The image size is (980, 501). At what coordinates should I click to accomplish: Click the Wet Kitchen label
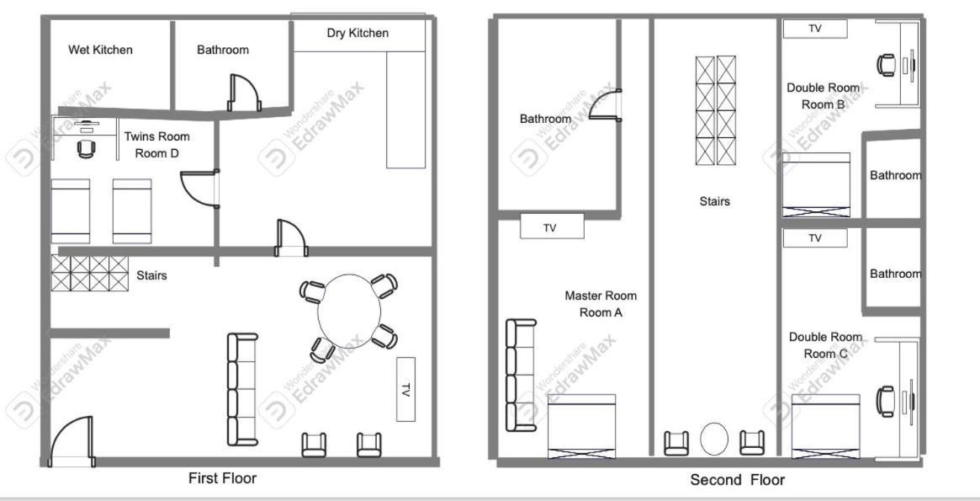(x=100, y=50)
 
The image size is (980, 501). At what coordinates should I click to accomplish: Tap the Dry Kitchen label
(x=358, y=33)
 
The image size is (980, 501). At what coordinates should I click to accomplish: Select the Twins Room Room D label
(x=156, y=145)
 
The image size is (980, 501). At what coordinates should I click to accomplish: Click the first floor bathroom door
(x=244, y=93)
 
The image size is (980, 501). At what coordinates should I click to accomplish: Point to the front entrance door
(x=72, y=441)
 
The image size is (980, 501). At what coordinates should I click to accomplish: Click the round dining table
(x=349, y=311)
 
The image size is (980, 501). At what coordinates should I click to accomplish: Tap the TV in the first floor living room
(x=405, y=389)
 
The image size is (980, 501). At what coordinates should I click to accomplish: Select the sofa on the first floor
(x=242, y=389)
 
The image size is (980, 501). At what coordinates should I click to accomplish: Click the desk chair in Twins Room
(x=87, y=149)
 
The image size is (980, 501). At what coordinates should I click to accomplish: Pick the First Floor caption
(x=223, y=478)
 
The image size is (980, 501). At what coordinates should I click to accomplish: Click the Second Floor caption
(x=737, y=480)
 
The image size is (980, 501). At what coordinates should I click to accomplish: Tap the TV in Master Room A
(x=552, y=226)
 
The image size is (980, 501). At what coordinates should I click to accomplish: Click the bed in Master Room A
(x=581, y=426)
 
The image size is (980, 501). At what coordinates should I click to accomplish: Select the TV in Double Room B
(x=815, y=29)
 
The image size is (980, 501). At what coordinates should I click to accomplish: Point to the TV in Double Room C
(x=815, y=238)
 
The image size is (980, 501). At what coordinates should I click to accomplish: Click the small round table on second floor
(x=713, y=439)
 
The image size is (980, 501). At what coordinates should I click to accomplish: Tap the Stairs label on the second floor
(x=714, y=201)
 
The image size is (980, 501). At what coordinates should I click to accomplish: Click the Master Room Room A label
(x=601, y=304)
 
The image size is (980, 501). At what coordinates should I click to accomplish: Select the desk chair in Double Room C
(x=886, y=401)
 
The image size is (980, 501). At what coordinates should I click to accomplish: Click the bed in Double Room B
(x=816, y=184)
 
